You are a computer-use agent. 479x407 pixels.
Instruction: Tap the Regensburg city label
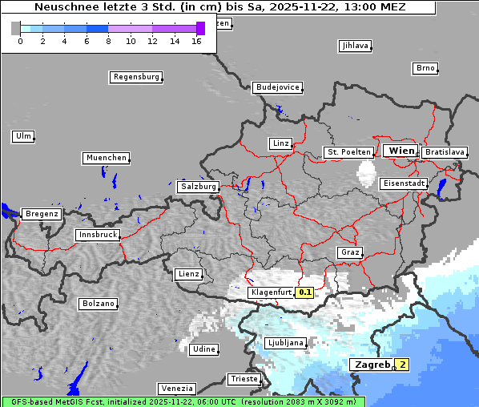(x=135, y=77)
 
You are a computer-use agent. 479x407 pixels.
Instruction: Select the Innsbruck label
(x=97, y=235)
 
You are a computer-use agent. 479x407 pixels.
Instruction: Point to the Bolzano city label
(x=98, y=304)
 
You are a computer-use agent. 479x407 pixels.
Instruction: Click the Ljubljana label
(x=284, y=343)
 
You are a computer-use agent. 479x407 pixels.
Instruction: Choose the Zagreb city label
(x=371, y=365)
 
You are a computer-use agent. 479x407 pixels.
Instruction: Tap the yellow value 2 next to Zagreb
(x=403, y=365)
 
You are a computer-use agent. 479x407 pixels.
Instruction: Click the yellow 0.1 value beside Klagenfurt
(x=304, y=292)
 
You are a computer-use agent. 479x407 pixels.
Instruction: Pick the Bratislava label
(x=445, y=151)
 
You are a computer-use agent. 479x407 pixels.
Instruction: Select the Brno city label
(x=425, y=68)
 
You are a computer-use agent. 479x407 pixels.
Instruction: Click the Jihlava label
(x=355, y=46)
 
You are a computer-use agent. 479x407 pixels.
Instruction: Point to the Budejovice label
(x=277, y=87)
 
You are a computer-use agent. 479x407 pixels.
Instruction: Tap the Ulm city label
(x=22, y=136)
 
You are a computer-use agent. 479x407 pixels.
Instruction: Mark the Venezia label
(x=175, y=388)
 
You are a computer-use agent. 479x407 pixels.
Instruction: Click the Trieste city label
(x=244, y=379)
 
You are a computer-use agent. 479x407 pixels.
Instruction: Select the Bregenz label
(x=42, y=214)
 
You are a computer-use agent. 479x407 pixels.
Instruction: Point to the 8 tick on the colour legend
(x=108, y=40)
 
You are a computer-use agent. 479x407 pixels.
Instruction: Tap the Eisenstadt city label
(x=404, y=183)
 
